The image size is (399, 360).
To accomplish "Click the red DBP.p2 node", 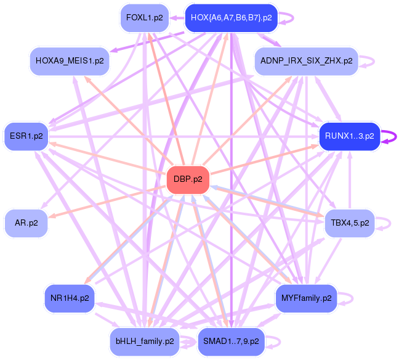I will coord(188,180).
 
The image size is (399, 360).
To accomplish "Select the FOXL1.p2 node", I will coord(144,18).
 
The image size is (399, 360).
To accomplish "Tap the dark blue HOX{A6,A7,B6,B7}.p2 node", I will coord(231,18).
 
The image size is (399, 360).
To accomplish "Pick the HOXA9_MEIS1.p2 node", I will coord(70,61).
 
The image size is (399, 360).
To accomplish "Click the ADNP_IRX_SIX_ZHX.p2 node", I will coord(306,61).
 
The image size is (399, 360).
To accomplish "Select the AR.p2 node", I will coord(25,223).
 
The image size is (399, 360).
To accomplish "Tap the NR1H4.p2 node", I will coord(70,298).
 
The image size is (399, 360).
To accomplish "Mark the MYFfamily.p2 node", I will coord(306,298).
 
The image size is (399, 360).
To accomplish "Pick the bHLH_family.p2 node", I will coord(144,340).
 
